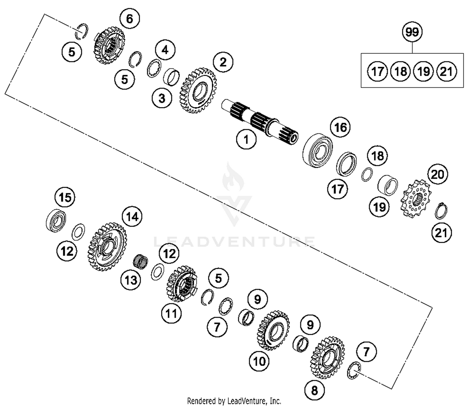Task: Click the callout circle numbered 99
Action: pyautogui.click(x=412, y=32)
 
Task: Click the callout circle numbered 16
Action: pyautogui.click(x=340, y=128)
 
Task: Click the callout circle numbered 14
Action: pyautogui.click(x=132, y=217)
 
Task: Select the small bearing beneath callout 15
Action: pyautogui.click(x=56, y=221)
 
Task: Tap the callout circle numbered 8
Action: pyautogui.click(x=314, y=390)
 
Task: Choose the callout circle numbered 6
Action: pyautogui.click(x=129, y=19)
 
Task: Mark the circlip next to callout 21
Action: pyautogui.click(x=441, y=211)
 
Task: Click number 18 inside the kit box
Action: pyautogui.click(x=401, y=72)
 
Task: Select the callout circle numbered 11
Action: pyautogui.click(x=171, y=313)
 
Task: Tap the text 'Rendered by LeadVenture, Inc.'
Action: pyautogui.click(x=234, y=401)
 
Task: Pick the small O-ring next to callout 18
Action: pyautogui.click(x=367, y=174)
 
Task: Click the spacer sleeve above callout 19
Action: pyautogui.click(x=388, y=185)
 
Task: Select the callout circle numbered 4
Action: pyautogui.click(x=165, y=50)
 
